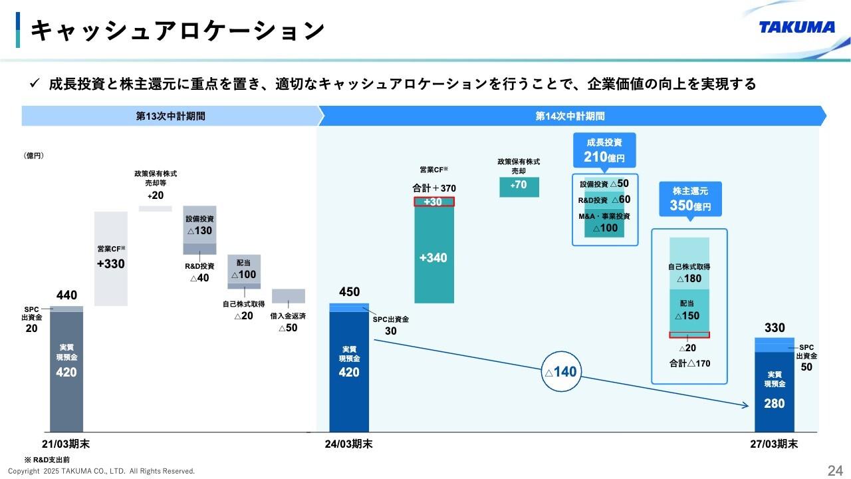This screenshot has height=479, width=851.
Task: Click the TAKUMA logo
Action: click(x=797, y=27)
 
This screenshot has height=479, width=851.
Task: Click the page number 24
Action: click(x=835, y=471)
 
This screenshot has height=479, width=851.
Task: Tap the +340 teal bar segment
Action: click(x=433, y=257)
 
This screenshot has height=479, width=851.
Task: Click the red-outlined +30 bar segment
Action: click(x=433, y=202)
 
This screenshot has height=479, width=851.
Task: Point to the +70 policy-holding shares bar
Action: click(x=519, y=186)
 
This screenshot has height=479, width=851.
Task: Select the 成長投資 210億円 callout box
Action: click(x=604, y=150)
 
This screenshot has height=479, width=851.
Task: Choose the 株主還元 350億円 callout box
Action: click(x=689, y=199)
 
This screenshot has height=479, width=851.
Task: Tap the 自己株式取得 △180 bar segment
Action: click(x=689, y=273)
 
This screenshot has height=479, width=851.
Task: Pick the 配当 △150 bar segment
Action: click(x=689, y=311)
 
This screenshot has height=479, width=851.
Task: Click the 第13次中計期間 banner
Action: click(x=170, y=116)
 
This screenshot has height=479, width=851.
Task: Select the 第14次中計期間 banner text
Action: click(x=570, y=116)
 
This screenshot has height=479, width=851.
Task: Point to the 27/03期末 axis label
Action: click(x=774, y=444)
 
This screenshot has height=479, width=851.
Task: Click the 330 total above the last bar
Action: click(x=775, y=328)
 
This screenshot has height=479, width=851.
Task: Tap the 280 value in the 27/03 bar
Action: click(x=775, y=403)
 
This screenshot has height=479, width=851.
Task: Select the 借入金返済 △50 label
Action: click(x=288, y=322)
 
